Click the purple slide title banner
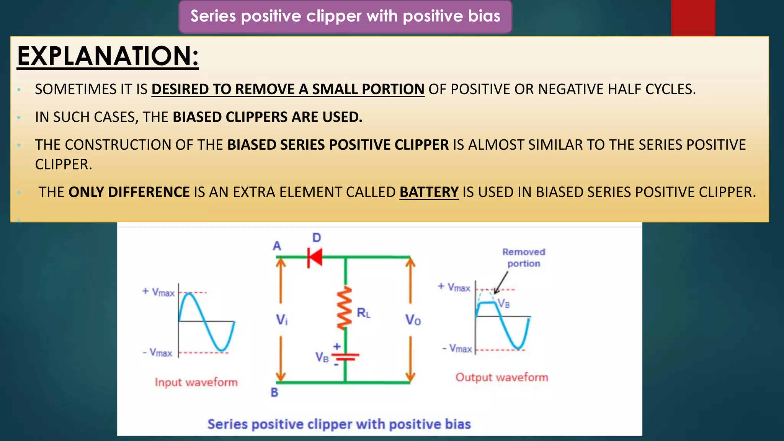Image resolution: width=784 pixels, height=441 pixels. [345, 16]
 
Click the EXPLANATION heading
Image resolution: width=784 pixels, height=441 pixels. [108, 56]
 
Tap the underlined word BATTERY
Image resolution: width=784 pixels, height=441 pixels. [429, 192]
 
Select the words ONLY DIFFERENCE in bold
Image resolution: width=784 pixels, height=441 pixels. [129, 192]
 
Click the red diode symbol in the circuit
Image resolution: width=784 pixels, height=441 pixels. [315, 257]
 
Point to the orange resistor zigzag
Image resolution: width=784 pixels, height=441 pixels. [345, 308]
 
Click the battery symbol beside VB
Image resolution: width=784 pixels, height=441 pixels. [345, 356]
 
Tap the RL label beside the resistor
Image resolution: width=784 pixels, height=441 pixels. [363, 313]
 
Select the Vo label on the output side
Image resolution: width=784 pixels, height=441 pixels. [413, 320]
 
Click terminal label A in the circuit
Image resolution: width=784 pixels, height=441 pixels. [277, 246]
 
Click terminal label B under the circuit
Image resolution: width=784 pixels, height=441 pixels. [274, 392]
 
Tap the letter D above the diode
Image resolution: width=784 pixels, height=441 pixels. [317, 238]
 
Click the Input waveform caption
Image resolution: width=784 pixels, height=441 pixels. [196, 382]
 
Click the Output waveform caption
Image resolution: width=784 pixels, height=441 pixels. [501, 377]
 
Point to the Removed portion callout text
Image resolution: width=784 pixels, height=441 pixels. [524, 258]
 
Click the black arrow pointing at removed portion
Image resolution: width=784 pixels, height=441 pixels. [501, 283]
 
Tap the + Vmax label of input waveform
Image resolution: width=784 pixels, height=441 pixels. [158, 292]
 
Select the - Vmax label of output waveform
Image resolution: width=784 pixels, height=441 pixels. [457, 348]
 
